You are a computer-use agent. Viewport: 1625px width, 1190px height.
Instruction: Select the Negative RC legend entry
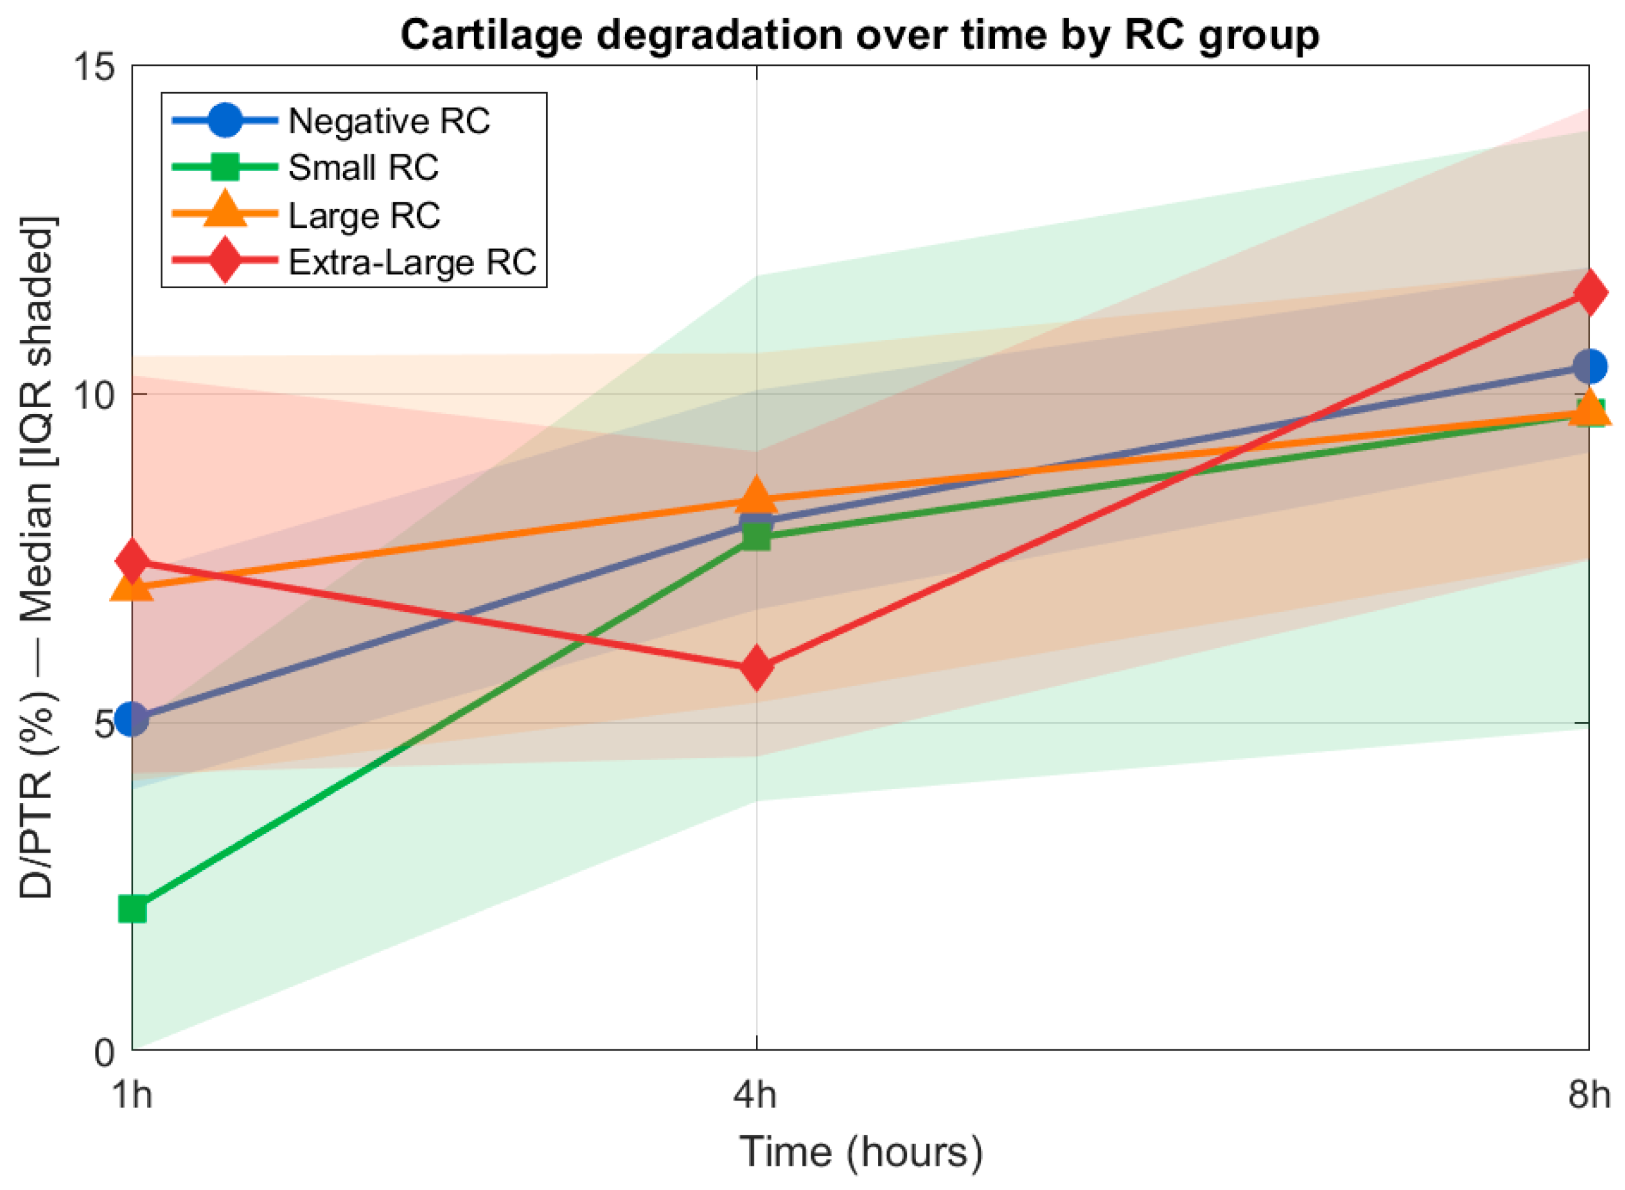pos(331,120)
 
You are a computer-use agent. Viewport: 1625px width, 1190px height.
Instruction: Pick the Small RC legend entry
pos(306,167)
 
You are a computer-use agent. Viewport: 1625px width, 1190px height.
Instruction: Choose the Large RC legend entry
pos(306,215)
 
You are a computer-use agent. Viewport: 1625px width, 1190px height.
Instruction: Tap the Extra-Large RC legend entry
pos(354,261)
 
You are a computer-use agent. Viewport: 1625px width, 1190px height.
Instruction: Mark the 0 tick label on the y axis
pos(105,1053)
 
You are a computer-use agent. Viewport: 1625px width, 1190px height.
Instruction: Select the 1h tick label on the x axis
pos(132,1095)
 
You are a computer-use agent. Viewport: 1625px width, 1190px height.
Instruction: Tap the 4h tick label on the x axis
pos(755,1095)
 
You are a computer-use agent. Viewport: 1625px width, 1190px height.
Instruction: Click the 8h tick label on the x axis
pos(1588,1095)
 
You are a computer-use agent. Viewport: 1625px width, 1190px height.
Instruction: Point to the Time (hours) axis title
pos(861,1151)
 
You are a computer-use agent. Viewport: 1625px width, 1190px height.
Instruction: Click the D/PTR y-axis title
pos(36,558)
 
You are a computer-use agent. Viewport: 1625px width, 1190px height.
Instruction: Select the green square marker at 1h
pos(133,910)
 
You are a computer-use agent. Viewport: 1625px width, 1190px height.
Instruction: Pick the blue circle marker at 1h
pos(133,719)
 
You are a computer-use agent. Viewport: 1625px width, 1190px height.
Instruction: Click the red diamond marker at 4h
pos(756,668)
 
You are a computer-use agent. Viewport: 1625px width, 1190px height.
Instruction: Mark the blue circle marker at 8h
pos(1590,367)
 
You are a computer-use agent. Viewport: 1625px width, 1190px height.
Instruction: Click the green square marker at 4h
pos(756,536)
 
